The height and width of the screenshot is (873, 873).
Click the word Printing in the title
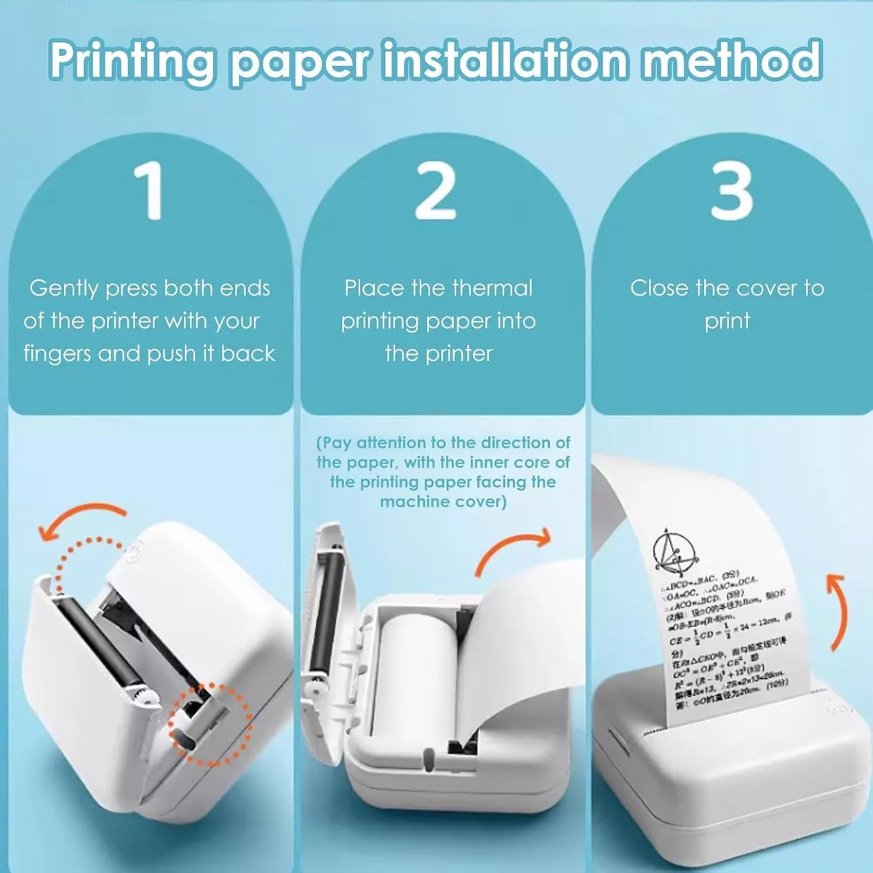133,62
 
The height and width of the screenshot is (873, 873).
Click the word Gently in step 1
63,289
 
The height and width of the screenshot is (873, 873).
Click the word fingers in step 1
58,354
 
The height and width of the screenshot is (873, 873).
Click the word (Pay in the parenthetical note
334,443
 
